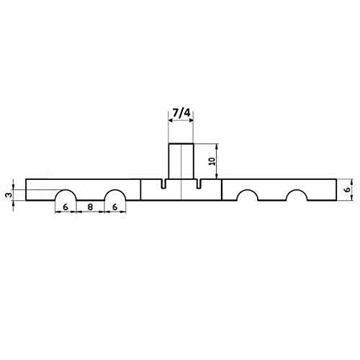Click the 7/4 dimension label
point(181,112)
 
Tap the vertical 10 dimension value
point(212,161)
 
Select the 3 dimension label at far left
point(9,194)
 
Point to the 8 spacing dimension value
point(90,207)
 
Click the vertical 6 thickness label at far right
point(347,189)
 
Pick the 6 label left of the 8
point(66,207)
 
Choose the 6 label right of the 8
point(115,207)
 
